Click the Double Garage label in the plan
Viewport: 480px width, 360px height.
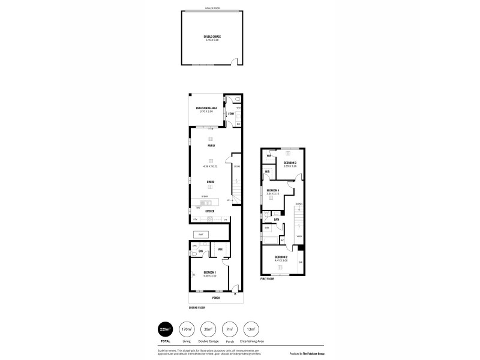[212, 37]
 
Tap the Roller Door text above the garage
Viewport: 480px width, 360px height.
[212, 8]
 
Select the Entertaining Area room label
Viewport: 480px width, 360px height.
[206, 108]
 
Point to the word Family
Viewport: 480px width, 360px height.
[211, 146]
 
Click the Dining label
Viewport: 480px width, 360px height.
[211, 182]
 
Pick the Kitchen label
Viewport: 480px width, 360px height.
[210, 211]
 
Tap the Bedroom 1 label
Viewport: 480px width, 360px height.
[209, 273]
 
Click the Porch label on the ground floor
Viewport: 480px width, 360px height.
[215, 298]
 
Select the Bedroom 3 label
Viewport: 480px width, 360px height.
[290, 163]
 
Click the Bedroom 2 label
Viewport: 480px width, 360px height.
[281, 258]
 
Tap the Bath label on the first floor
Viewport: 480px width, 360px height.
[277, 220]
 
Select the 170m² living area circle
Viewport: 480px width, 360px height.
[187, 330]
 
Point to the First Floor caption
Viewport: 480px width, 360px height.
[267, 279]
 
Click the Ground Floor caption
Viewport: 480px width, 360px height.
[197, 307]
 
